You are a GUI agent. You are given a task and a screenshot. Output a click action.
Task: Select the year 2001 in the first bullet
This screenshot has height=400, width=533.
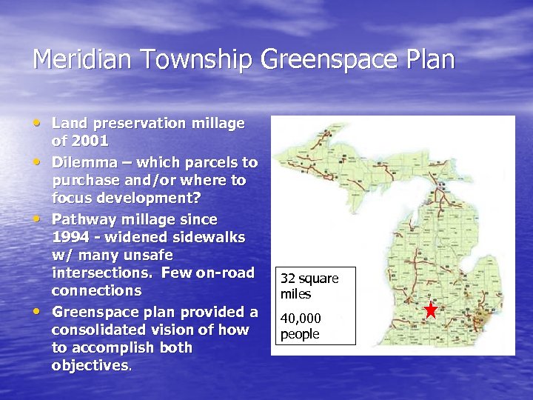pyautogui.click(x=90, y=141)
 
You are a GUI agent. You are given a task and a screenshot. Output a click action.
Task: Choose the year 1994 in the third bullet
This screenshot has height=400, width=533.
pyautogui.click(x=72, y=237)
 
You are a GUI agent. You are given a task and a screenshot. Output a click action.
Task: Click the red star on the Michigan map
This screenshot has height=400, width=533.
pyautogui.click(x=431, y=310)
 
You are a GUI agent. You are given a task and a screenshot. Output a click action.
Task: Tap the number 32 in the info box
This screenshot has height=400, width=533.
pyautogui.click(x=289, y=279)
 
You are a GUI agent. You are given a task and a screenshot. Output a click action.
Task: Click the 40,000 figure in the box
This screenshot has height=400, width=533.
pyautogui.click(x=301, y=319)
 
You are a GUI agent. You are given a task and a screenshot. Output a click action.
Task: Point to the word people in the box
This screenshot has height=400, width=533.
pyautogui.click(x=300, y=334)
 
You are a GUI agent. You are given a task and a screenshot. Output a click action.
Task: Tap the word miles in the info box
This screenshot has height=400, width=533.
pyautogui.click(x=295, y=294)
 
